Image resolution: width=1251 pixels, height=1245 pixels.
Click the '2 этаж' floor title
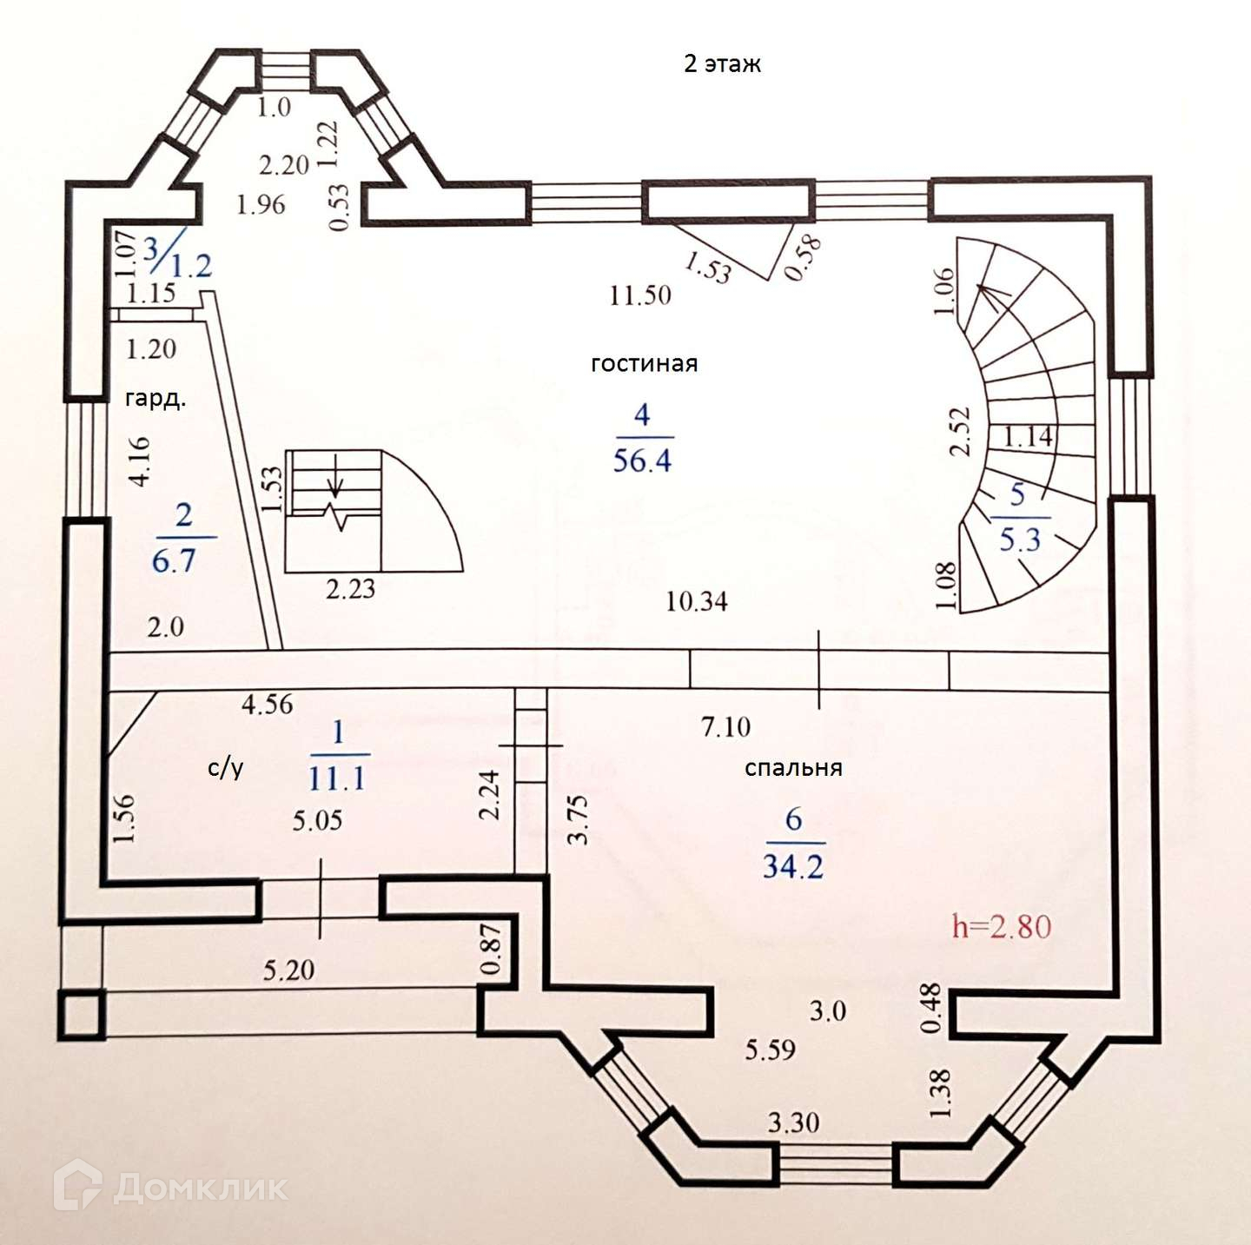(722, 64)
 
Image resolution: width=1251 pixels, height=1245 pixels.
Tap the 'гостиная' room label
(644, 363)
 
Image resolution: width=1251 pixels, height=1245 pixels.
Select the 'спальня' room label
(793, 768)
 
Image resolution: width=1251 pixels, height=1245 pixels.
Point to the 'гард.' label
(156, 399)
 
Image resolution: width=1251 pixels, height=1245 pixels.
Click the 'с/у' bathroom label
(226, 767)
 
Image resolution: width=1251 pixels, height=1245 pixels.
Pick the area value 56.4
(642, 460)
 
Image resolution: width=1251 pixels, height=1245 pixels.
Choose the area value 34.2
(792, 866)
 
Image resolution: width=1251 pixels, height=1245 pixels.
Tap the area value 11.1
(337, 778)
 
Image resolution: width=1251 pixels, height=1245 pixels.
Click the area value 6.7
(174, 561)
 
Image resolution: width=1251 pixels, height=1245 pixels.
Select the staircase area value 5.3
(1020, 540)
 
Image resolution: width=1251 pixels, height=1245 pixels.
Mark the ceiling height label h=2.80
(1002, 926)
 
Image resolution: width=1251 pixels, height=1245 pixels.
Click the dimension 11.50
(640, 295)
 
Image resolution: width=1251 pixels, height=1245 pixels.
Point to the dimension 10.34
(697, 600)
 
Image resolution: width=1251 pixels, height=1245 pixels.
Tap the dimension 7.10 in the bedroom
(725, 726)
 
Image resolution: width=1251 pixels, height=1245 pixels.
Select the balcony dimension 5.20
(288, 969)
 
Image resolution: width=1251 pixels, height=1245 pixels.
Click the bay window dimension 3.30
(793, 1122)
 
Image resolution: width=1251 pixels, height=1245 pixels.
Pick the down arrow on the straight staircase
(337, 487)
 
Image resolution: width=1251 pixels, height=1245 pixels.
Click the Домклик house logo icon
(78, 1185)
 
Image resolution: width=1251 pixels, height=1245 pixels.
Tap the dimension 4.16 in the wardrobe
(139, 460)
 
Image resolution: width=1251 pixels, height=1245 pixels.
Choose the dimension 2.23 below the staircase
(351, 589)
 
